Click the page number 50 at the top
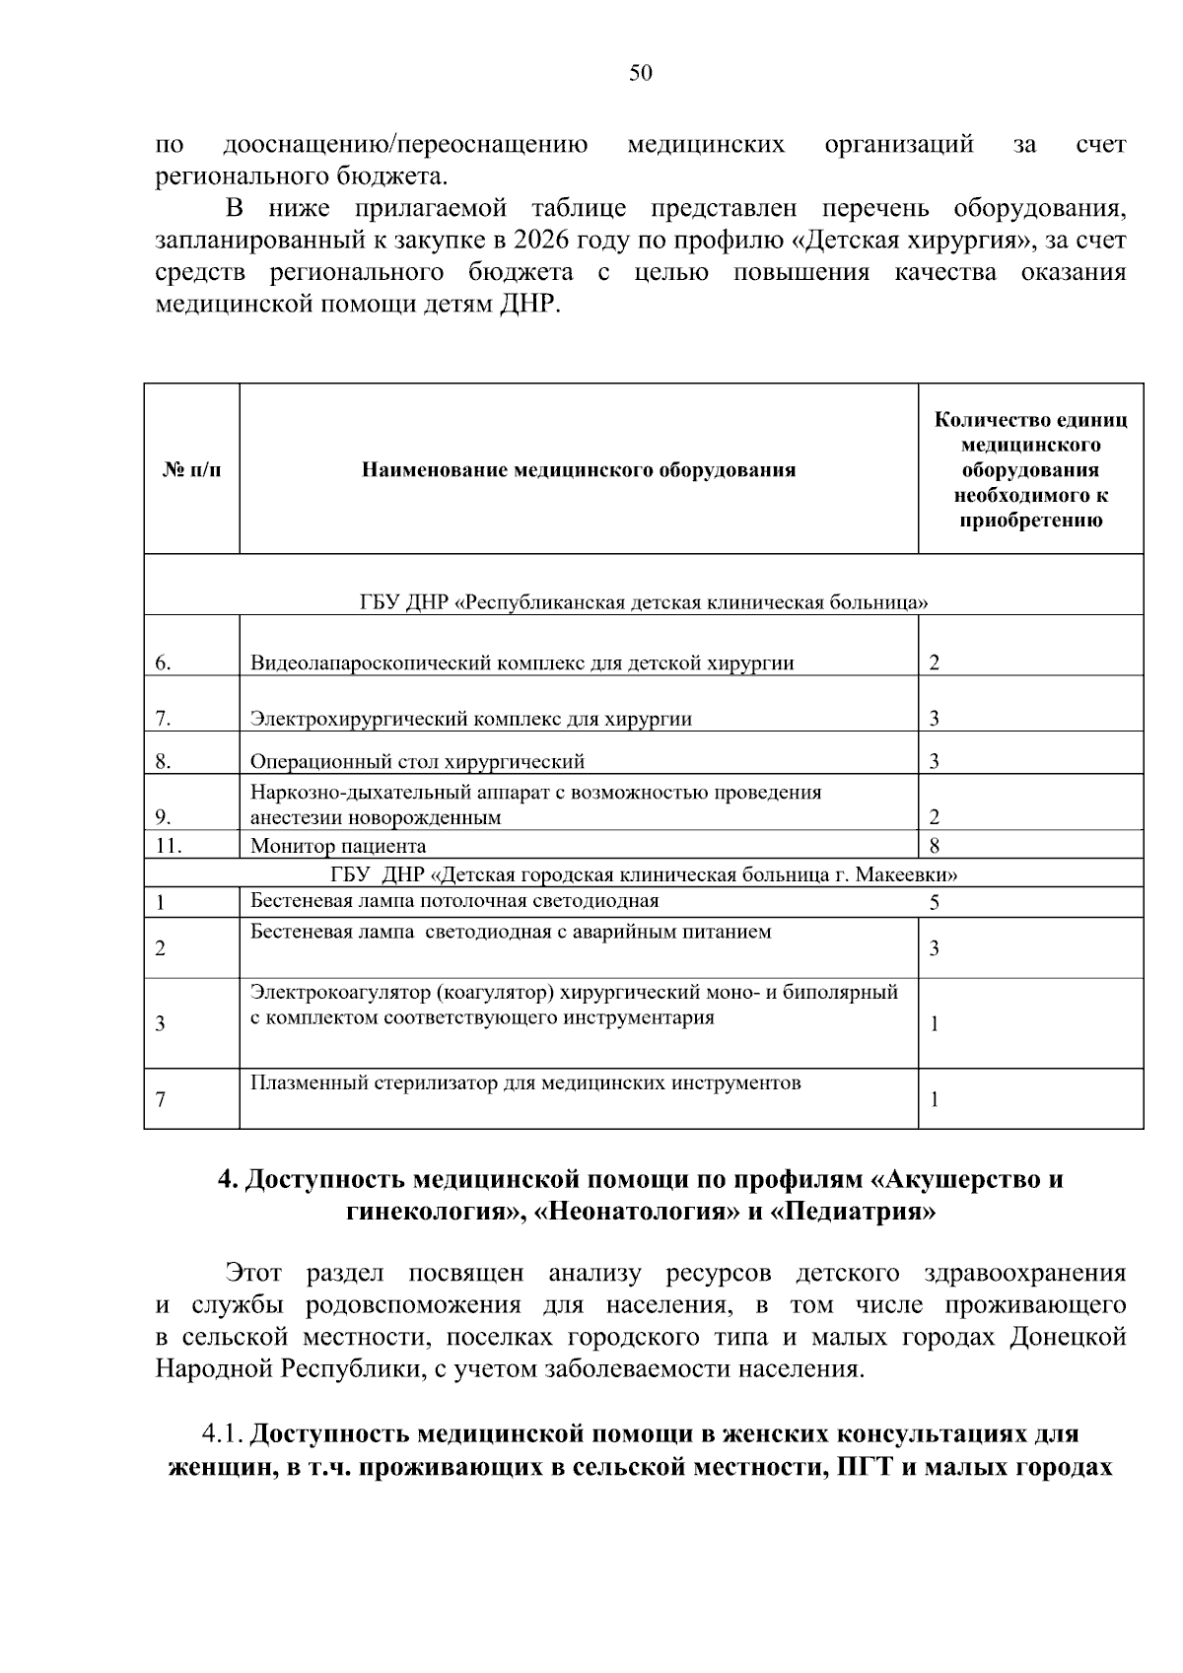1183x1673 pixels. pyautogui.click(x=641, y=74)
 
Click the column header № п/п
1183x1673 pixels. pyautogui.click(x=191, y=470)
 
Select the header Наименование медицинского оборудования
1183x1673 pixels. pyautogui.click(x=578, y=470)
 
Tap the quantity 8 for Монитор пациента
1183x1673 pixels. pyautogui.click(x=935, y=845)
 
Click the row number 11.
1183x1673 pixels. pyautogui.click(x=169, y=845)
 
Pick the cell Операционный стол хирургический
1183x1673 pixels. pyautogui.click(x=417, y=761)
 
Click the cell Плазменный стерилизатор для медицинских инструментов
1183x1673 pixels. pyautogui.click(x=525, y=1083)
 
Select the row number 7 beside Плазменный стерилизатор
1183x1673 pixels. pyautogui.click(x=161, y=1099)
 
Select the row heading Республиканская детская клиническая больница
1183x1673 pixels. pyautogui.click(x=644, y=602)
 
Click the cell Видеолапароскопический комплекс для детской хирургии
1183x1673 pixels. pyautogui.click(x=522, y=662)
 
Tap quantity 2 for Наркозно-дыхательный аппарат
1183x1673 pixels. pyautogui.click(x=935, y=817)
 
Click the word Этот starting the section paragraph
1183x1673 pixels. pyautogui.click(x=253, y=1273)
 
